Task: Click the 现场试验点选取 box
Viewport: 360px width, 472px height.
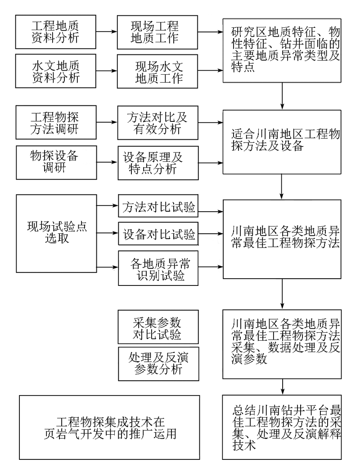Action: (x=56, y=233)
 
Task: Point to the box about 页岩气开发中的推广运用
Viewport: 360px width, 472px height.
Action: (x=109, y=427)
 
